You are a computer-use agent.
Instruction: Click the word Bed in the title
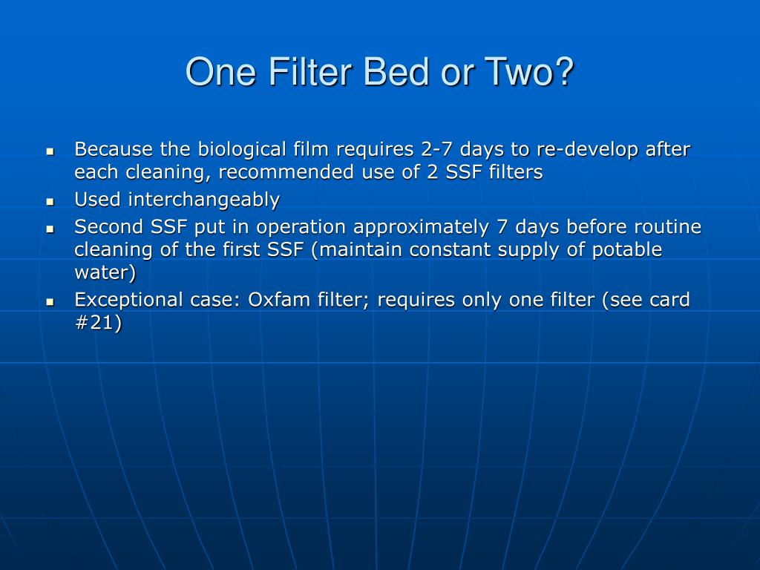[384, 73]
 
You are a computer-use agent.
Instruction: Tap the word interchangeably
[204, 200]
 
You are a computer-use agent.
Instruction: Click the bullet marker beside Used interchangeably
[50, 201]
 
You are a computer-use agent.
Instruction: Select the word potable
[627, 250]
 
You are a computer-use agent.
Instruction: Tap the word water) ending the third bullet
[105, 273]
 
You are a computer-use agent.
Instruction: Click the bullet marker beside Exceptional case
[50, 301]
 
